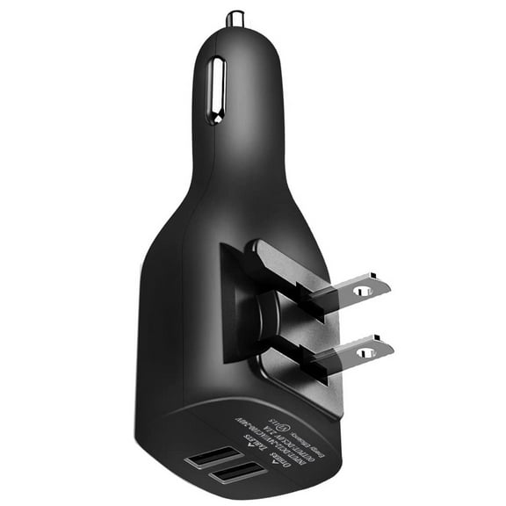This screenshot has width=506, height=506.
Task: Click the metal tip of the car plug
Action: click(x=235, y=18)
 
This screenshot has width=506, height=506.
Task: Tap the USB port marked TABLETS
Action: click(x=213, y=459)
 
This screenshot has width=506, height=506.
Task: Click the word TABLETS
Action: click(x=254, y=439)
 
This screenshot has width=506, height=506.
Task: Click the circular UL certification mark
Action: click(x=285, y=427)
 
